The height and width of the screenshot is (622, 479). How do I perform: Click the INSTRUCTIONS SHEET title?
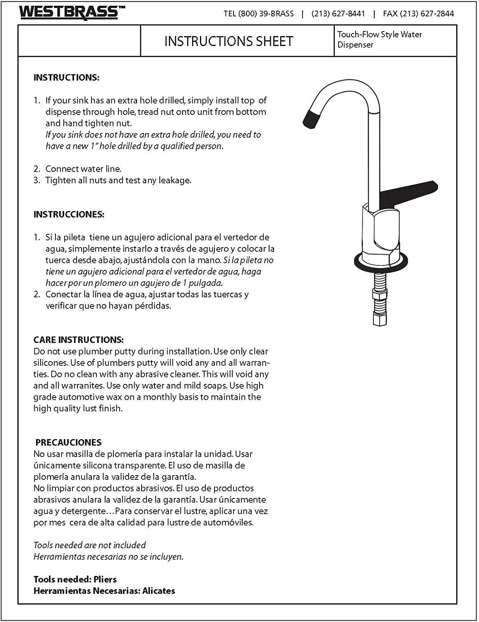[x=229, y=41]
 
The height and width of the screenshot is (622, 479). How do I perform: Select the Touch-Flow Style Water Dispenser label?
[x=379, y=39]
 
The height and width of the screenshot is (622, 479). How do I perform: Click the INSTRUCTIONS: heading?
[x=66, y=78]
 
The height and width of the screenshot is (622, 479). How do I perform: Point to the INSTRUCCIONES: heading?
[x=69, y=214]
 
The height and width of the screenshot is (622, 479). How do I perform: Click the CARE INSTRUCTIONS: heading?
[x=78, y=340]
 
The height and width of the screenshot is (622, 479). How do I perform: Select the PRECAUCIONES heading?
[x=68, y=442]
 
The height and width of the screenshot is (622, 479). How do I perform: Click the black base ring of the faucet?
[x=381, y=262]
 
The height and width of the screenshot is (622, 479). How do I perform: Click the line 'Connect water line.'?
[x=83, y=169]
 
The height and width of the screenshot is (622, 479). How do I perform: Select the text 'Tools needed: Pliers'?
[x=75, y=579]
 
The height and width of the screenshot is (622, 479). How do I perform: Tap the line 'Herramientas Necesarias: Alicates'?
[x=104, y=591]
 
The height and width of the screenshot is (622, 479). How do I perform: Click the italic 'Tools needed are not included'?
[x=89, y=545]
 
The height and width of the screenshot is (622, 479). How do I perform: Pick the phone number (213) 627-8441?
[x=338, y=14]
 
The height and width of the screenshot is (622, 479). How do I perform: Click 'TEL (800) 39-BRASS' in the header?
[x=259, y=14]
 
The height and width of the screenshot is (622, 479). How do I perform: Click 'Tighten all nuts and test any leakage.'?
[x=118, y=180]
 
